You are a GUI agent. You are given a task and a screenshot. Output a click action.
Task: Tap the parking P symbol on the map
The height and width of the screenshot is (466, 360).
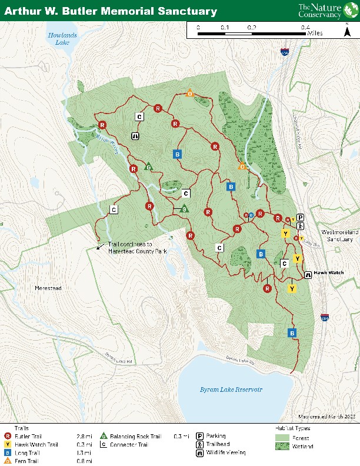[x=300, y=217]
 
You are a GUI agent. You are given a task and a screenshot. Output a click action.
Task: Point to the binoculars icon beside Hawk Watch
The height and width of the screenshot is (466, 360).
[x=308, y=274]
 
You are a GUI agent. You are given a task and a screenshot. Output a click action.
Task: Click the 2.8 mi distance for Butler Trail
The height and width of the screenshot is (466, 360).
[x=84, y=437]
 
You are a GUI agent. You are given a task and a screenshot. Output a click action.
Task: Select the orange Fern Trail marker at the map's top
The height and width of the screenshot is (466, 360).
[x=189, y=94]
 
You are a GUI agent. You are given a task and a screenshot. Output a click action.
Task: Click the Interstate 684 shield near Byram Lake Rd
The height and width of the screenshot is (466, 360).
[x=325, y=318]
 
